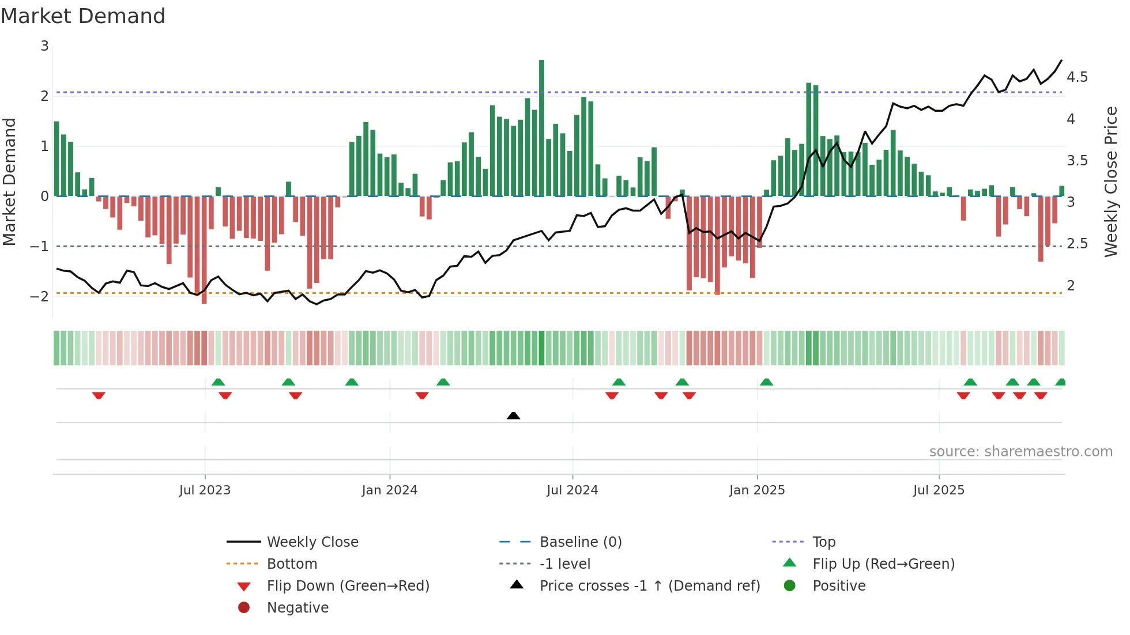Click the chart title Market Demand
pyautogui.click(x=83, y=16)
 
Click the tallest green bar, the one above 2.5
pyautogui.click(x=541, y=127)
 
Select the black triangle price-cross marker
pyautogui.click(x=513, y=415)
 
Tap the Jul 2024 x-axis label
pyautogui.click(x=572, y=490)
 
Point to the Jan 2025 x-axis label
pyautogui.click(x=756, y=490)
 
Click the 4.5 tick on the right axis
pyautogui.click(x=1077, y=77)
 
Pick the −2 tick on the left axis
pyautogui.click(x=39, y=297)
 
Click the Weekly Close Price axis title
pyautogui.click(x=1110, y=182)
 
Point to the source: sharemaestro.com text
pyautogui.click(x=1020, y=452)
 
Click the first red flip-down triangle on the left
pyautogui.click(x=99, y=395)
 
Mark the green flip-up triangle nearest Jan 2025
pyautogui.click(x=766, y=382)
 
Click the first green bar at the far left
pyautogui.click(x=56, y=158)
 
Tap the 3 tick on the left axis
pyautogui.click(x=44, y=46)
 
